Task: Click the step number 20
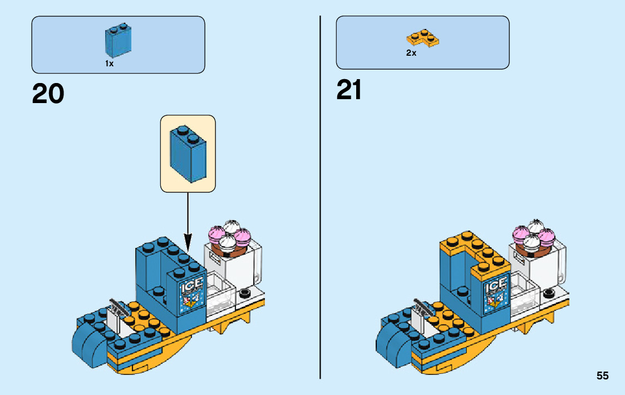48,94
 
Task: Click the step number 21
349,90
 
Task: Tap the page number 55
602,376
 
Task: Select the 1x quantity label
109,64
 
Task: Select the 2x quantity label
411,53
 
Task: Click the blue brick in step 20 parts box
117,40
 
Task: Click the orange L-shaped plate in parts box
422,38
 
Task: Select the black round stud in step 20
244,294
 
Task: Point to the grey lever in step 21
422,305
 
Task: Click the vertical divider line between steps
320,195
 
